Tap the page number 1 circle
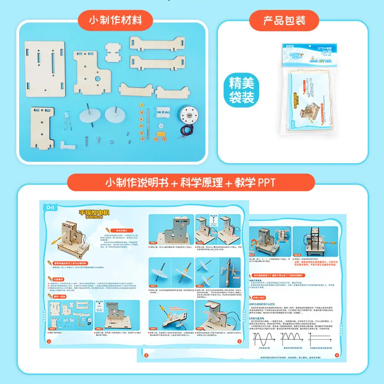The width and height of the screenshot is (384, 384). tap(48, 341)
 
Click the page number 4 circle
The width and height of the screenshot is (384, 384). tap(336, 356)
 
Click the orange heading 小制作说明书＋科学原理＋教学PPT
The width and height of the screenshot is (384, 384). tap(191, 183)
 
